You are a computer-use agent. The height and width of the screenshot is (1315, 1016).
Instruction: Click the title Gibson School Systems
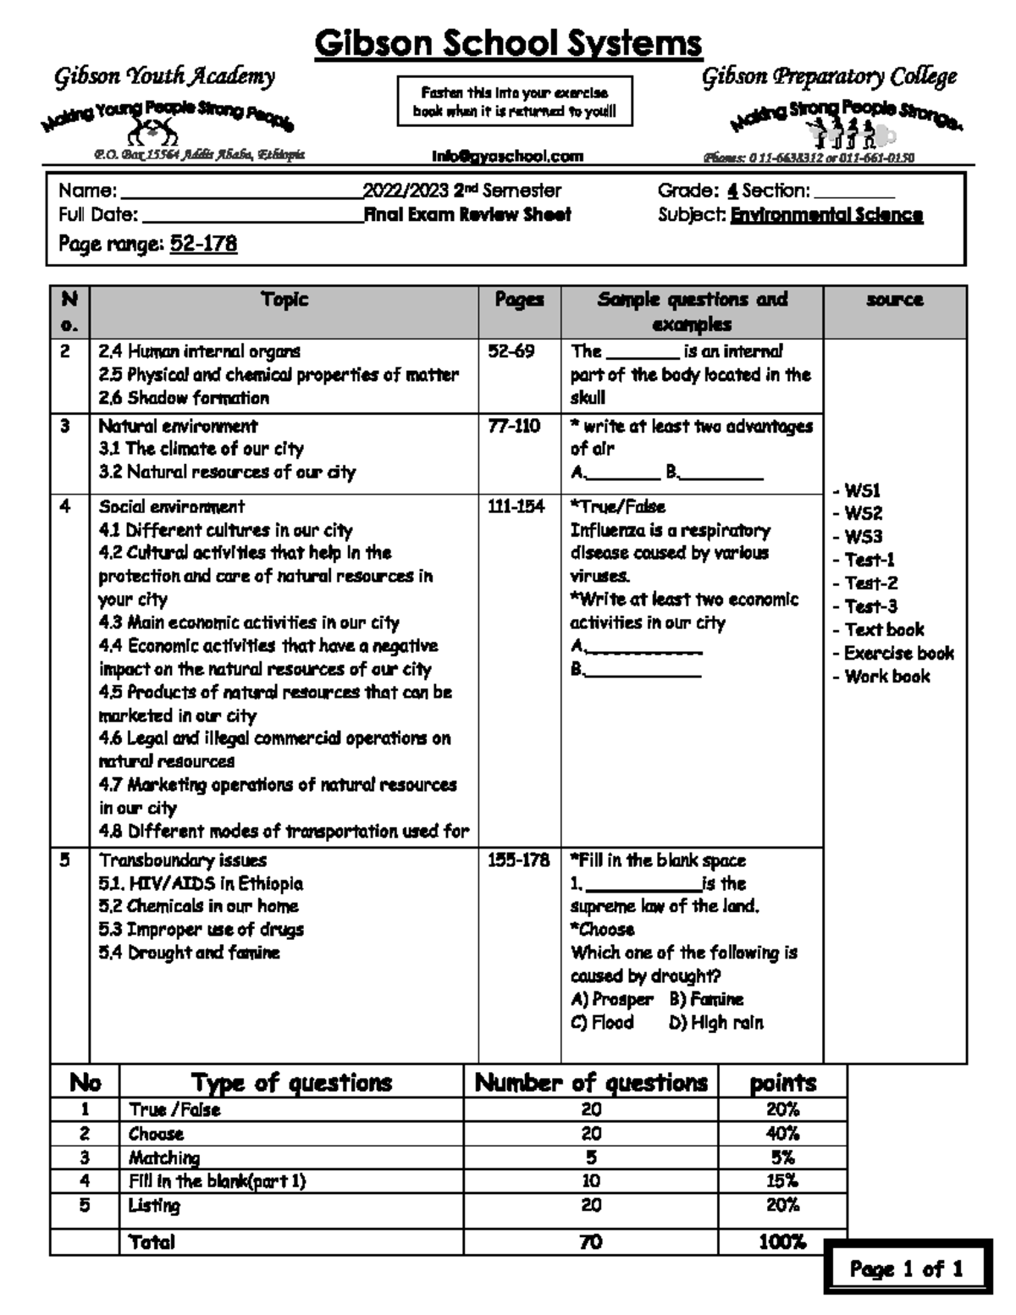(x=508, y=43)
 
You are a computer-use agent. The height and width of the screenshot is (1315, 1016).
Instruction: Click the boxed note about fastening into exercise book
(x=515, y=102)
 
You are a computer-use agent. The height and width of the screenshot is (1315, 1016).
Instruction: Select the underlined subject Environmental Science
(x=826, y=215)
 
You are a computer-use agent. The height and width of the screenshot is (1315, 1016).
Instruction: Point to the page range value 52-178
(x=203, y=245)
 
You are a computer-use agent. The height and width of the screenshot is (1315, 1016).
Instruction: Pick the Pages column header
(x=519, y=300)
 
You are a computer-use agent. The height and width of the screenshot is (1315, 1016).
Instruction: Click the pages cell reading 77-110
(x=514, y=426)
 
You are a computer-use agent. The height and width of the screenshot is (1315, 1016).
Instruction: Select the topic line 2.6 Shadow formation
(x=184, y=398)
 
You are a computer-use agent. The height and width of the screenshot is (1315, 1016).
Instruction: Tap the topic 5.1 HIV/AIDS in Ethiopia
(x=201, y=883)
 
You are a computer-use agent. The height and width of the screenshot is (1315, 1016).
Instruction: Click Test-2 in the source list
(x=870, y=583)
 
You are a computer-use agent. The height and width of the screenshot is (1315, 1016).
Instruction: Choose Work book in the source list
(x=886, y=677)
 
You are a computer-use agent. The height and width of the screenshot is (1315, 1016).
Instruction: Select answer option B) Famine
(x=706, y=999)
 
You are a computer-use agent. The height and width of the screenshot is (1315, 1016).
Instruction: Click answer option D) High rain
(x=715, y=1023)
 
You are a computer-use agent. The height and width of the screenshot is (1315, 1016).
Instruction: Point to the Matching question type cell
(x=164, y=1158)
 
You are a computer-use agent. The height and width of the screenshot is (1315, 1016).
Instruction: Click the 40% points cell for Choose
(x=782, y=1134)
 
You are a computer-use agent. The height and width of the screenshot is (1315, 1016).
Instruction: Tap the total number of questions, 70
(x=590, y=1242)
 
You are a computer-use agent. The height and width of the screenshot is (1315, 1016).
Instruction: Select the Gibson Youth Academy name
(x=165, y=78)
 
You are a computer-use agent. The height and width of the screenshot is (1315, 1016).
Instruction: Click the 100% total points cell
(x=782, y=1242)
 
